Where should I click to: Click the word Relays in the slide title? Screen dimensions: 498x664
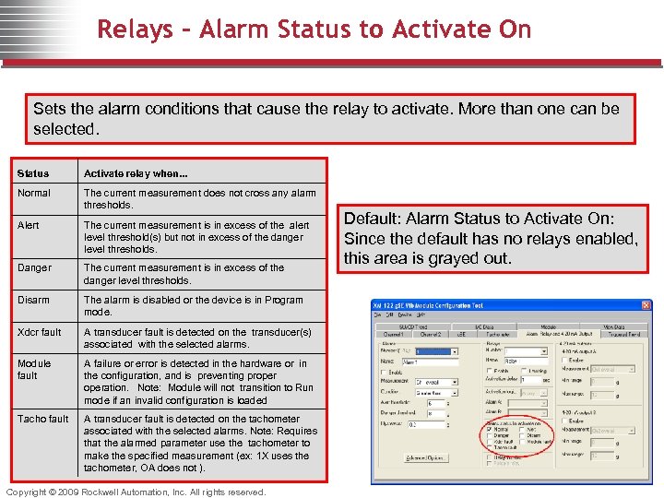point(135,30)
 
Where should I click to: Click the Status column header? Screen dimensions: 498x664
point(33,173)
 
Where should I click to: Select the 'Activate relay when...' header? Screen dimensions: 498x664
point(136,173)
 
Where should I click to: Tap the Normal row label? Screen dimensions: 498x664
point(34,194)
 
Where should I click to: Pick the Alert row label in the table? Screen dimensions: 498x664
point(29,225)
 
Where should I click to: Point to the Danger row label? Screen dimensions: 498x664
point(34,267)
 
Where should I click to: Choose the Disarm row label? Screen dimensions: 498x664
point(33,300)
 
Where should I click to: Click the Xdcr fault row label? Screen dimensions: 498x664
point(40,332)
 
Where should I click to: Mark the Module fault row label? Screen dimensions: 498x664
point(34,369)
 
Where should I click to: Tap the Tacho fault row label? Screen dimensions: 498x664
point(42,419)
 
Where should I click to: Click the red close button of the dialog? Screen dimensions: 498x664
point(646,305)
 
